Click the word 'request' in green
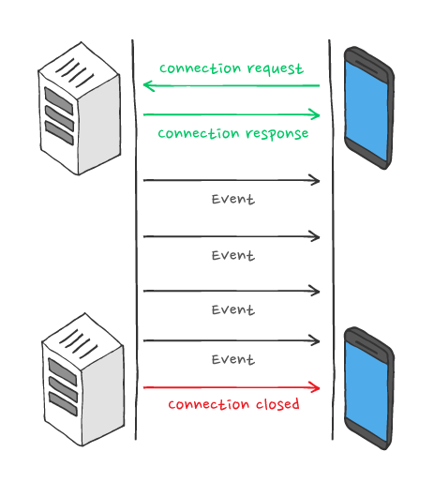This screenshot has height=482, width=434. pos(275,68)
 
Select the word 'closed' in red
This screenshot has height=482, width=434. pos(277,403)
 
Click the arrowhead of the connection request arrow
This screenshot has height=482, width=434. pos(149,85)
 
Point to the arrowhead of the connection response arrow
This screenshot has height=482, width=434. pos(314,114)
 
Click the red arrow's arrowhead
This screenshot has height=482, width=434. pos(314,387)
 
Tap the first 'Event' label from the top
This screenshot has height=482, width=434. pos(233,199)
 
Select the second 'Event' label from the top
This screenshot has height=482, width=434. pos(233,255)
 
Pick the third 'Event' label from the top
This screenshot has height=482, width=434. pos(233,309)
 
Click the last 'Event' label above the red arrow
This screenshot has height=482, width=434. pos(233,359)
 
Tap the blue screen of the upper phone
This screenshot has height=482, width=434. pos(367,111)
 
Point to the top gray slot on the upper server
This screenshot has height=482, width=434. pos(59,100)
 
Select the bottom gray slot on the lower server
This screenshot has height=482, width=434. pos(63,404)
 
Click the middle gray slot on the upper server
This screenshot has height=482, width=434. pos(59,118)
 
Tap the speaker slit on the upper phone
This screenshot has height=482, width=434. pos(367,67)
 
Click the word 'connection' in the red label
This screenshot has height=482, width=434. pos(209,404)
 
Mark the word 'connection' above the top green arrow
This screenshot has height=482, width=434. pos(201,68)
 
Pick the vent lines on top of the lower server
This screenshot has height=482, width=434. pos(78,343)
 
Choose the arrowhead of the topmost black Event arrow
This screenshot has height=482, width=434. pos(314,180)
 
